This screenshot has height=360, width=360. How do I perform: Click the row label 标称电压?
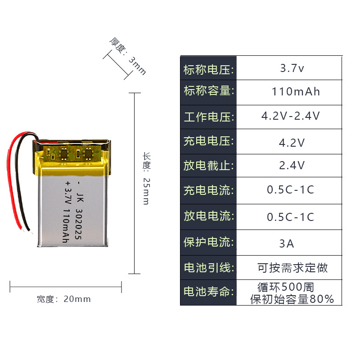(x=208, y=70)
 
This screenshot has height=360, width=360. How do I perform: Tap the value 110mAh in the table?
(x=296, y=92)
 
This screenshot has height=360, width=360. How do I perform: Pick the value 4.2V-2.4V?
(x=291, y=116)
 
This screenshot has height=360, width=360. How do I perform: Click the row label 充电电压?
(x=208, y=141)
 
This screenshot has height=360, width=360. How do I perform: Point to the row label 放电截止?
(x=208, y=165)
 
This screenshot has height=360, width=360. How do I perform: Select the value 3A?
(x=287, y=244)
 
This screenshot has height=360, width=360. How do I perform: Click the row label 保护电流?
(x=208, y=242)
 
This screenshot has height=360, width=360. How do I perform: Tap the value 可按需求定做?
(x=292, y=268)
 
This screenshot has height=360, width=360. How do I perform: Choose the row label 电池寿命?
(x=208, y=292)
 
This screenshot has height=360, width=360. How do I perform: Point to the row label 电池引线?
(x=208, y=268)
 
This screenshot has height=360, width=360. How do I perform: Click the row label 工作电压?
(x=208, y=117)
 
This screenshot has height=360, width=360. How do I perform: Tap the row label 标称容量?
(x=208, y=91)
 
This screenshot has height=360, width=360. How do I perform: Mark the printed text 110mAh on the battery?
(x=66, y=227)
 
